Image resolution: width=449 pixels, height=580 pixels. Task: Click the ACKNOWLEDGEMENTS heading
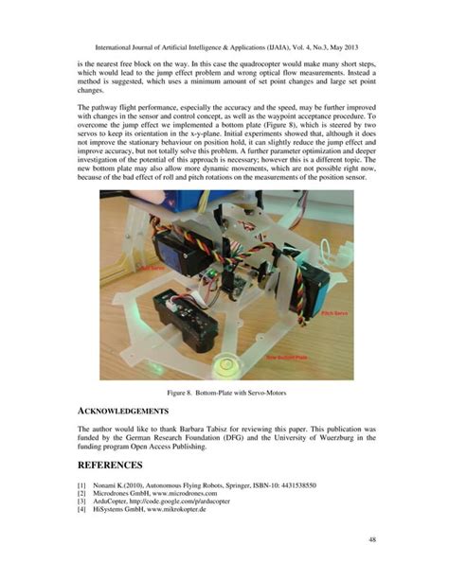[x=123, y=412]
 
